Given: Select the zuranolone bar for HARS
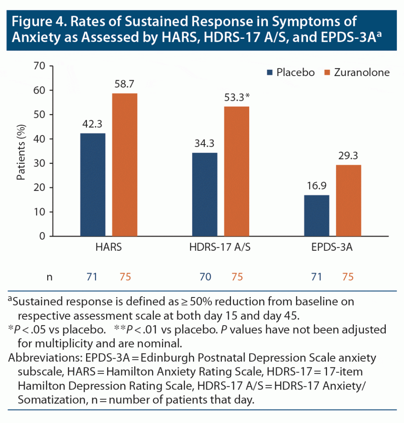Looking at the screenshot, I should click(x=125, y=165).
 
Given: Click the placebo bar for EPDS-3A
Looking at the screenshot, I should click(x=317, y=216).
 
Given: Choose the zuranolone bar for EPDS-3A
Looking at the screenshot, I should click(x=348, y=201).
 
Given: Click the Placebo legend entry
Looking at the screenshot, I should click(x=291, y=73).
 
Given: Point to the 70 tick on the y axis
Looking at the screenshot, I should click(x=41, y=66).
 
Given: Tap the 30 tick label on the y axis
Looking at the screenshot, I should click(x=41, y=163).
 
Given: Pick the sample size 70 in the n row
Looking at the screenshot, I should click(x=205, y=277).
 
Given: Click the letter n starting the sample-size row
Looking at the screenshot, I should click(x=50, y=277).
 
